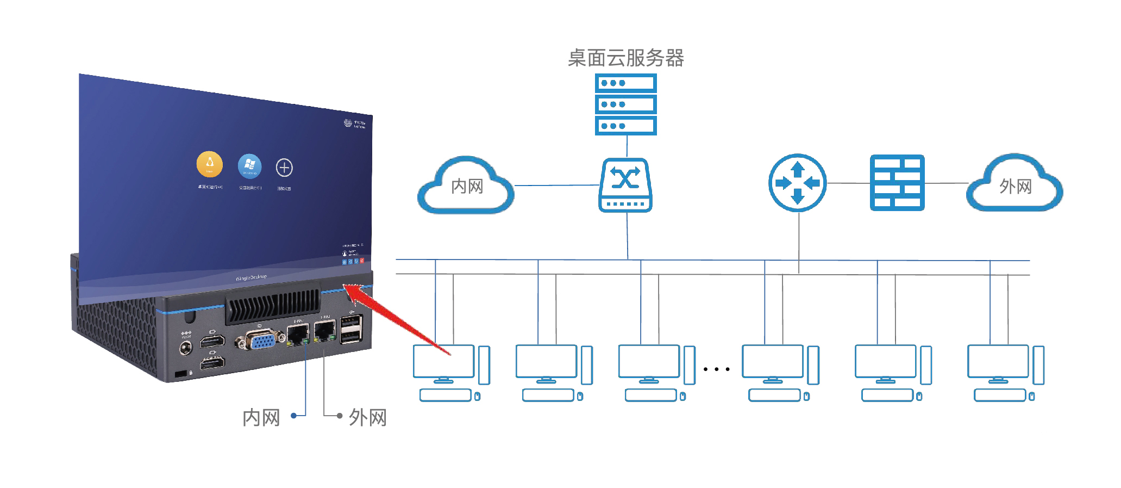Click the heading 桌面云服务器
pyautogui.click(x=625, y=58)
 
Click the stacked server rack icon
pyautogui.click(x=625, y=104)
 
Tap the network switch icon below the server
pyautogui.click(x=625, y=185)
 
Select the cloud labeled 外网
pyautogui.click(x=1014, y=186)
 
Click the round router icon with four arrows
pyautogui.click(x=797, y=183)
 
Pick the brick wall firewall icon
pyautogui.click(x=897, y=183)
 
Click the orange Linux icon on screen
pyautogui.click(x=209, y=164)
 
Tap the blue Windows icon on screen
pyautogui.click(x=249, y=166)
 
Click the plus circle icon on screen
pyautogui.click(x=284, y=168)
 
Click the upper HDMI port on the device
pyautogui.click(x=212, y=342)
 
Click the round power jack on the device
pyautogui.click(x=186, y=348)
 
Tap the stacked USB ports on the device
pyautogui.click(x=351, y=329)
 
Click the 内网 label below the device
pyautogui.click(x=261, y=418)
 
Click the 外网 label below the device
pyautogui.click(x=367, y=418)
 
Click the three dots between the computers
pyautogui.click(x=716, y=369)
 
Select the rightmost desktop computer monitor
pyautogui.click(x=998, y=361)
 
